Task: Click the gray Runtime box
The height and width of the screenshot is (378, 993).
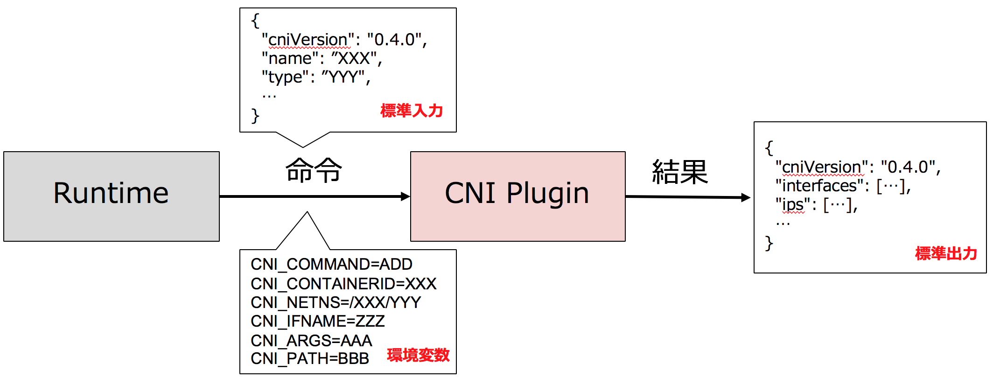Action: point(111,196)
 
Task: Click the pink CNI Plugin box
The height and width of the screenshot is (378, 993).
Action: point(517,196)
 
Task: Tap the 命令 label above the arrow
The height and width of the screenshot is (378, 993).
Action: point(314,170)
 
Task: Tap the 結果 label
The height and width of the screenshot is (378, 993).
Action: point(680,172)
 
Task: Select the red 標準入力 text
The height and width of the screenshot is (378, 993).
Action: point(411,111)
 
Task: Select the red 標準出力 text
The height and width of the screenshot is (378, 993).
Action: point(945,253)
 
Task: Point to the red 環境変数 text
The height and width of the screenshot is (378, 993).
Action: point(418,355)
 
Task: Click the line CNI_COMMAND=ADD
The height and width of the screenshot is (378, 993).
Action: point(331,265)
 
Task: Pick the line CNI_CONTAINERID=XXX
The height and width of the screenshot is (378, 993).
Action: point(343,284)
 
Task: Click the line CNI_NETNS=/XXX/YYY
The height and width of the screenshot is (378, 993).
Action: point(336,302)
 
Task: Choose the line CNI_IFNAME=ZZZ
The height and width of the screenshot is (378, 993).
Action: point(317,322)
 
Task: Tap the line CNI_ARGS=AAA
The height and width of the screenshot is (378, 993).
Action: point(311,341)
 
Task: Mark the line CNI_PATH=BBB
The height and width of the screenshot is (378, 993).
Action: point(309,359)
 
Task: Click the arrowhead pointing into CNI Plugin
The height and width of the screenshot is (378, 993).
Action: point(405,196)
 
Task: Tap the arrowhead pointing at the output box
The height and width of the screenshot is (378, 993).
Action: point(745,197)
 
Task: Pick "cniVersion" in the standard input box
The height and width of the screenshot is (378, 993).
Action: point(308,40)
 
